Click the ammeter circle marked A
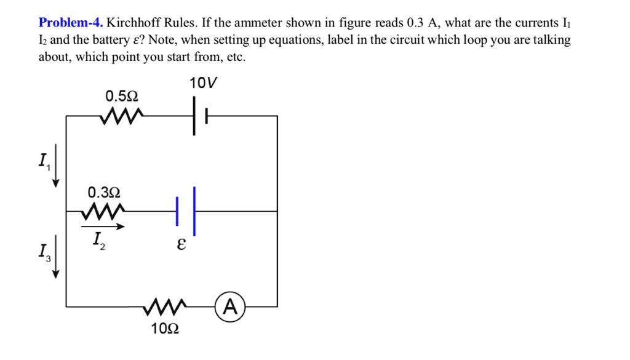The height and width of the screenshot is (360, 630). click(x=230, y=306)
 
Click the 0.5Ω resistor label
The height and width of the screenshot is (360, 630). click(x=122, y=97)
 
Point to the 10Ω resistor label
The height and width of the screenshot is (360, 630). click(x=165, y=329)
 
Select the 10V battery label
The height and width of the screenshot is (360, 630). click(x=204, y=83)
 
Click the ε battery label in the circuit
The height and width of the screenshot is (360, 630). click(x=180, y=244)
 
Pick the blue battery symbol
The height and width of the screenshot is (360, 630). click(x=186, y=211)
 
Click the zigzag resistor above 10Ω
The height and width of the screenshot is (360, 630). click(x=165, y=306)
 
